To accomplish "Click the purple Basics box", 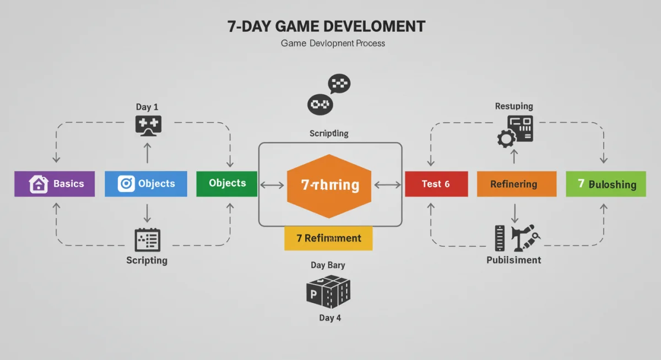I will (x=54, y=184).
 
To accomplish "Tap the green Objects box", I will (x=226, y=184).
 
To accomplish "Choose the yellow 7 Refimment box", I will (x=328, y=238).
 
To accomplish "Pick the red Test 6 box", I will (x=436, y=184).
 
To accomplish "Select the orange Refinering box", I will (x=516, y=184).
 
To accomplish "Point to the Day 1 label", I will (x=147, y=107).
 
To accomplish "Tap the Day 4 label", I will (x=330, y=318).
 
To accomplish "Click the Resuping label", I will (x=514, y=106).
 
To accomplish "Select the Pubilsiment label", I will (x=513, y=260).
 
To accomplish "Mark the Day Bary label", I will (x=328, y=265).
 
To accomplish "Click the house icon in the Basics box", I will (x=39, y=184).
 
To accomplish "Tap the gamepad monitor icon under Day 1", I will (x=148, y=126).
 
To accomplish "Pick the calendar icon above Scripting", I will (x=147, y=240).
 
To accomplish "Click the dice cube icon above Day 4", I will (x=328, y=291).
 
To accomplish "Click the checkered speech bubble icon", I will (x=339, y=84).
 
